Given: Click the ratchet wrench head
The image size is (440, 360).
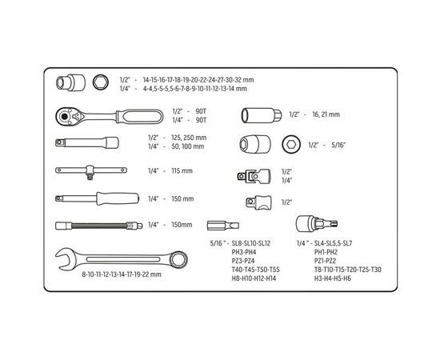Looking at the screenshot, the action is coord(68,116).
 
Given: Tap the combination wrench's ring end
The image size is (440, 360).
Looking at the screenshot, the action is coord(179,259).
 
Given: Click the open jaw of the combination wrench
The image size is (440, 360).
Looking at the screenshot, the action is coord(65,259).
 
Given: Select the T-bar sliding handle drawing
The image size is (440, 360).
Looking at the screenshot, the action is coord(91,171).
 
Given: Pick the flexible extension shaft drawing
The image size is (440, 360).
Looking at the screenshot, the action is coord(98,226).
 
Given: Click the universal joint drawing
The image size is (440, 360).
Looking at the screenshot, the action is coord(254,176).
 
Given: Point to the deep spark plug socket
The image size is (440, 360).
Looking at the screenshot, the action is coord(262,115).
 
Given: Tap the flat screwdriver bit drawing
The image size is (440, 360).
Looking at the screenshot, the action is coord(223,225).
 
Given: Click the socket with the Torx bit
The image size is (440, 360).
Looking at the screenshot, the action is coord(317,224).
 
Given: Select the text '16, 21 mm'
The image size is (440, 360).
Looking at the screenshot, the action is coord(326,114).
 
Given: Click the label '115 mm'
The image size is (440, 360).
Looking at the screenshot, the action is coord(182,170).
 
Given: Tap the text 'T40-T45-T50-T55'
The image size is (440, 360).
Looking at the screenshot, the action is coord(255,270).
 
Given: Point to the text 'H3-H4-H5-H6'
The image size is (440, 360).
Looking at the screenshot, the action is coord(333,278).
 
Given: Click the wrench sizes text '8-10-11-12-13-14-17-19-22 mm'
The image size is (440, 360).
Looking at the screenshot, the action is coord(122,274).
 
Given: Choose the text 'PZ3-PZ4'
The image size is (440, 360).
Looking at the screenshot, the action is coord(243,261).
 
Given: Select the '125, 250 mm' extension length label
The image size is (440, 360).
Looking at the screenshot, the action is coord(189,138).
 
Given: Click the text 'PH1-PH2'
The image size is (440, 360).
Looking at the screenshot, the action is coord(326,252).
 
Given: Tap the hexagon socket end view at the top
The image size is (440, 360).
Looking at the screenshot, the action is coord(101,82).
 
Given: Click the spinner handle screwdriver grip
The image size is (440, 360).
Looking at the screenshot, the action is coord(118,198).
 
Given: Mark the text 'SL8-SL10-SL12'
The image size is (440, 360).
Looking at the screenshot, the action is coord(251,243).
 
